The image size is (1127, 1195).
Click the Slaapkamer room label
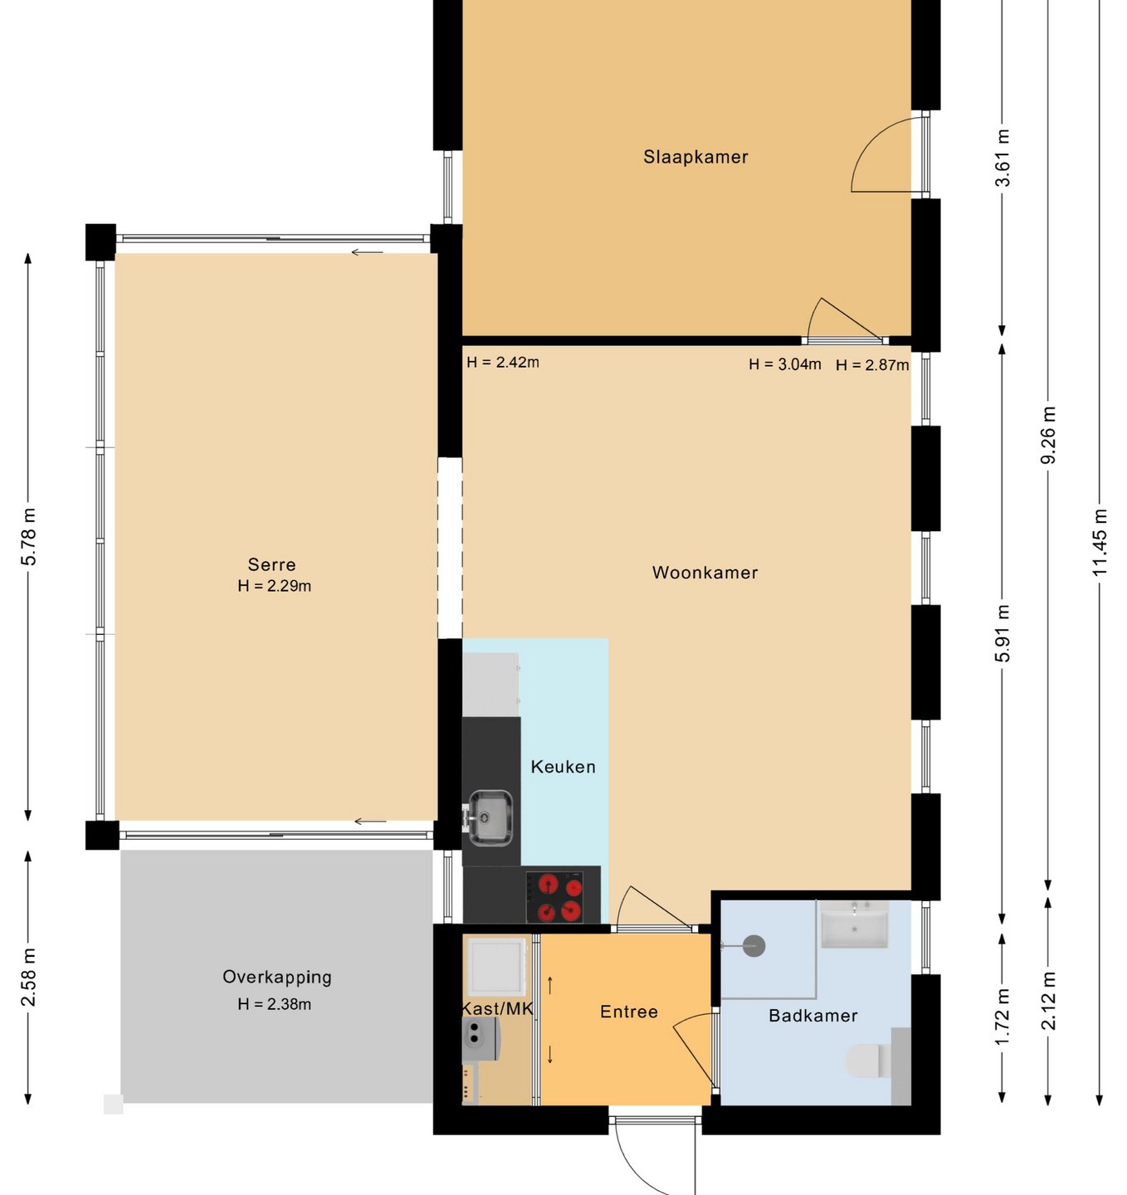pyautogui.click(x=695, y=157)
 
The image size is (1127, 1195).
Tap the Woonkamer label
pyautogui.click(x=705, y=573)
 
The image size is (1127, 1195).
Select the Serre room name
pyautogui.click(x=272, y=564)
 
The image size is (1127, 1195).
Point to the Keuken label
pyautogui.click(x=563, y=767)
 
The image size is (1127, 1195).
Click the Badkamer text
pyautogui.click(x=812, y=1016)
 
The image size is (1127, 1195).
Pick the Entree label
pyautogui.click(x=629, y=1012)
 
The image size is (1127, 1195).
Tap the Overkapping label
pyautogui.click(x=277, y=978)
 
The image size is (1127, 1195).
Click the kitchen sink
pyautogui.click(x=490, y=817)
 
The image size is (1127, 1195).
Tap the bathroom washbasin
pyautogui.click(x=854, y=924)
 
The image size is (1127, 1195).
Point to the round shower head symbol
pyautogui.click(x=754, y=946)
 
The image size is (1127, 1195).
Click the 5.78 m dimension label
pyautogui.click(x=29, y=537)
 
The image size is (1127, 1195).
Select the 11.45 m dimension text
pyautogui.click(x=1100, y=542)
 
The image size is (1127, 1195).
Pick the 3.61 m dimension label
pyautogui.click(x=1003, y=158)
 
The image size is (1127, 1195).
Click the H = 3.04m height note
pyautogui.click(x=785, y=364)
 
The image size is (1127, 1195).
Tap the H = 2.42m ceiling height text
pyautogui.click(x=503, y=362)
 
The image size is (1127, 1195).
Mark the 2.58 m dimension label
pyautogui.click(x=29, y=978)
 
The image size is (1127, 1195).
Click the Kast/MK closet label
pyautogui.click(x=497, y=1008)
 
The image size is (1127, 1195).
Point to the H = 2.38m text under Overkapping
pyautogui.click(x=275, y=1004)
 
